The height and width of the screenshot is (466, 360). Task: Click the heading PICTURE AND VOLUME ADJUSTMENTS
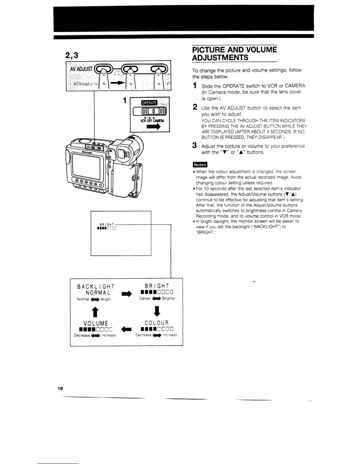coord(234,53)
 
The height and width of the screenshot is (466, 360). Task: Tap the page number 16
coord(60,389)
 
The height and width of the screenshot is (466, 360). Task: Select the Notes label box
coord(200,164)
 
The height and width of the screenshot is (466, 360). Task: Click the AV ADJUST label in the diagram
coord(81,69)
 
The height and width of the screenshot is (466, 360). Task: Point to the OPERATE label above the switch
coord(149,103)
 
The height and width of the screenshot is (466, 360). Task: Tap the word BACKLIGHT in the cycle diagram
coord(96,287)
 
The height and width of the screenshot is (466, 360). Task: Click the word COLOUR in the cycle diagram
coord(157,323)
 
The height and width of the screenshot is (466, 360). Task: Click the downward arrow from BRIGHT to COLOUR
coord(157,310)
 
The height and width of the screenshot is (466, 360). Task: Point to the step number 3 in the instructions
coord(194,145)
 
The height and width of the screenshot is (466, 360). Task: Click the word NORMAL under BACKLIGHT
coord(98,293)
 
